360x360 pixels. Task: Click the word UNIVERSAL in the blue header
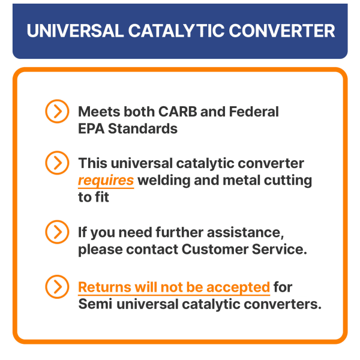pos(76,31)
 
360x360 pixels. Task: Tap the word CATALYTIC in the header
pos(176,31)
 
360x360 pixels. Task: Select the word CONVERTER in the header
pos(282,31)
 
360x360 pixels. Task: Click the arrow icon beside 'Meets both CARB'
pos(57,112)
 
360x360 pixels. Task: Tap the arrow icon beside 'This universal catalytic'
pos(57,163)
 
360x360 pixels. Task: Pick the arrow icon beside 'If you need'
pos(57,232)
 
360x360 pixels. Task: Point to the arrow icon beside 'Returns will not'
pos(57,287)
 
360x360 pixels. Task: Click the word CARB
pos(178,112)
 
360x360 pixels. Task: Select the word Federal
pos(254,112)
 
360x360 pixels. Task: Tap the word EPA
pos(91,128)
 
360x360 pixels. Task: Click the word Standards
pos(143,128)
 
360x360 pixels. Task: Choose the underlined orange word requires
pos(106,181)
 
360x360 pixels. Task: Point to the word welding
pos(164,181)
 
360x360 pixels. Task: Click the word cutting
pos(288,181)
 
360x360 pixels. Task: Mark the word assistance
pos(245,232)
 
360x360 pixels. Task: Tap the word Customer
pos(215,250)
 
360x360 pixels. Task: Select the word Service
pos(280,250)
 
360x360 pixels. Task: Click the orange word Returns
pos(104,287)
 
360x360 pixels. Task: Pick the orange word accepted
pos(238,288)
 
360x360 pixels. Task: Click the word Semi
pos(95,304)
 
